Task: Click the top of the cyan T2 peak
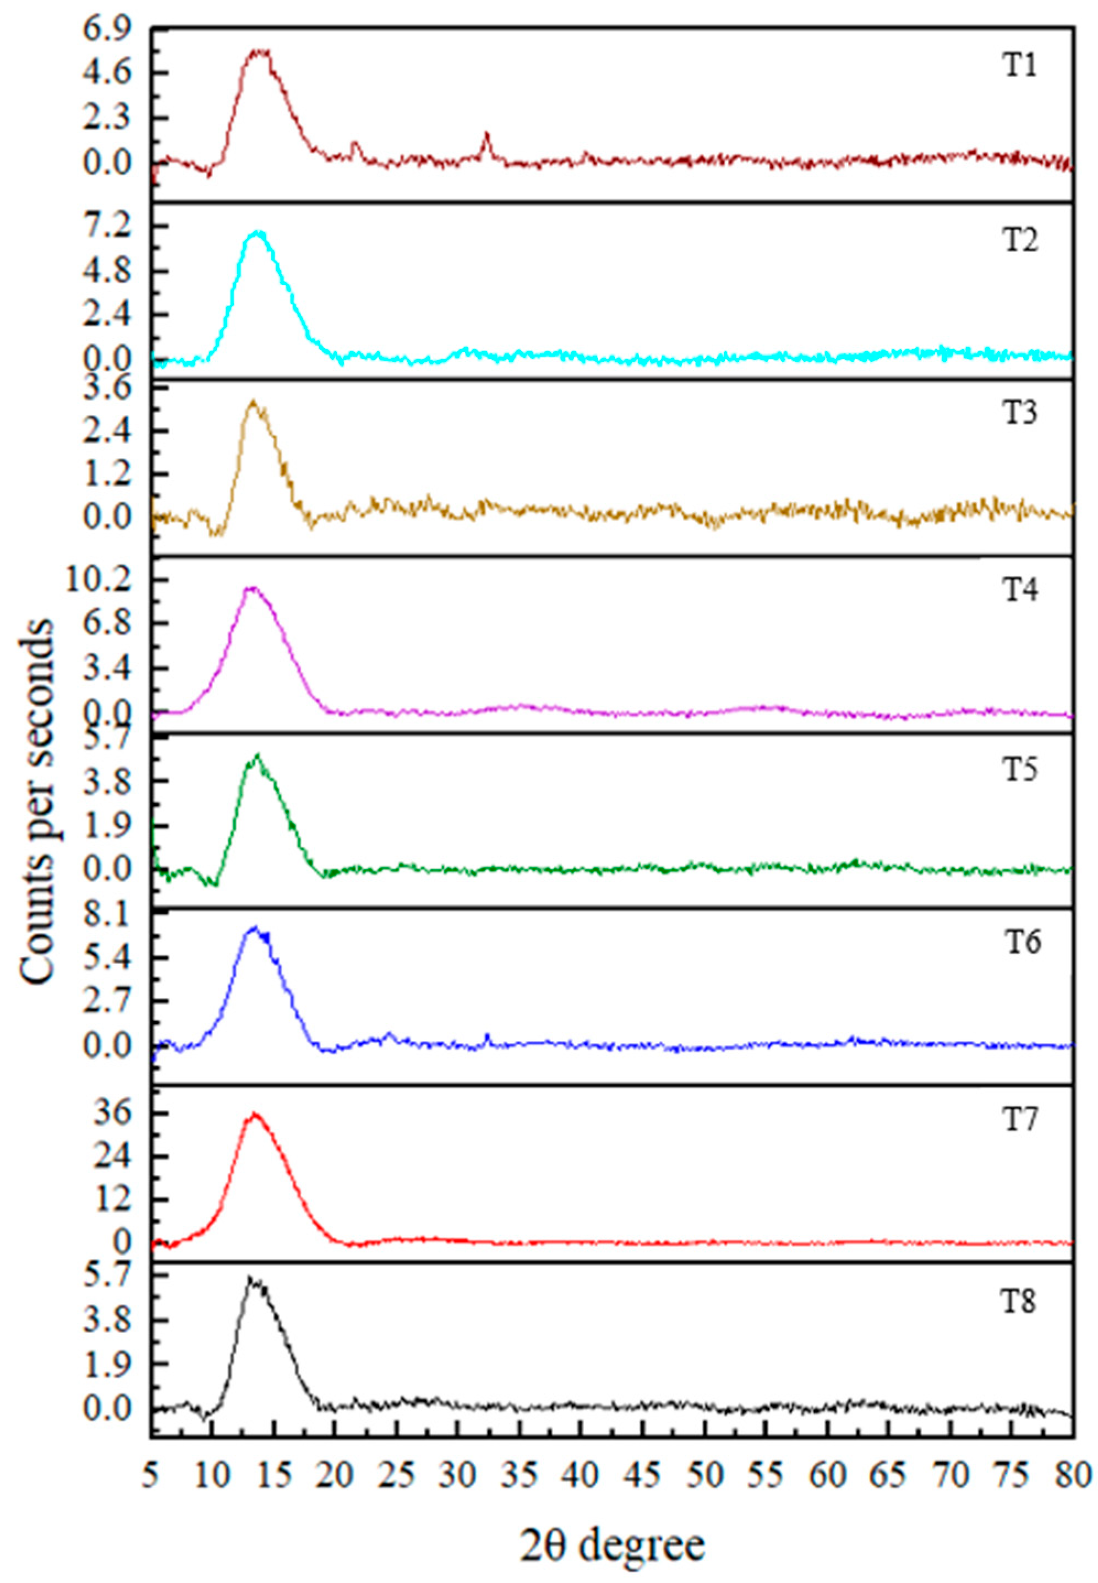tap(258, 232)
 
